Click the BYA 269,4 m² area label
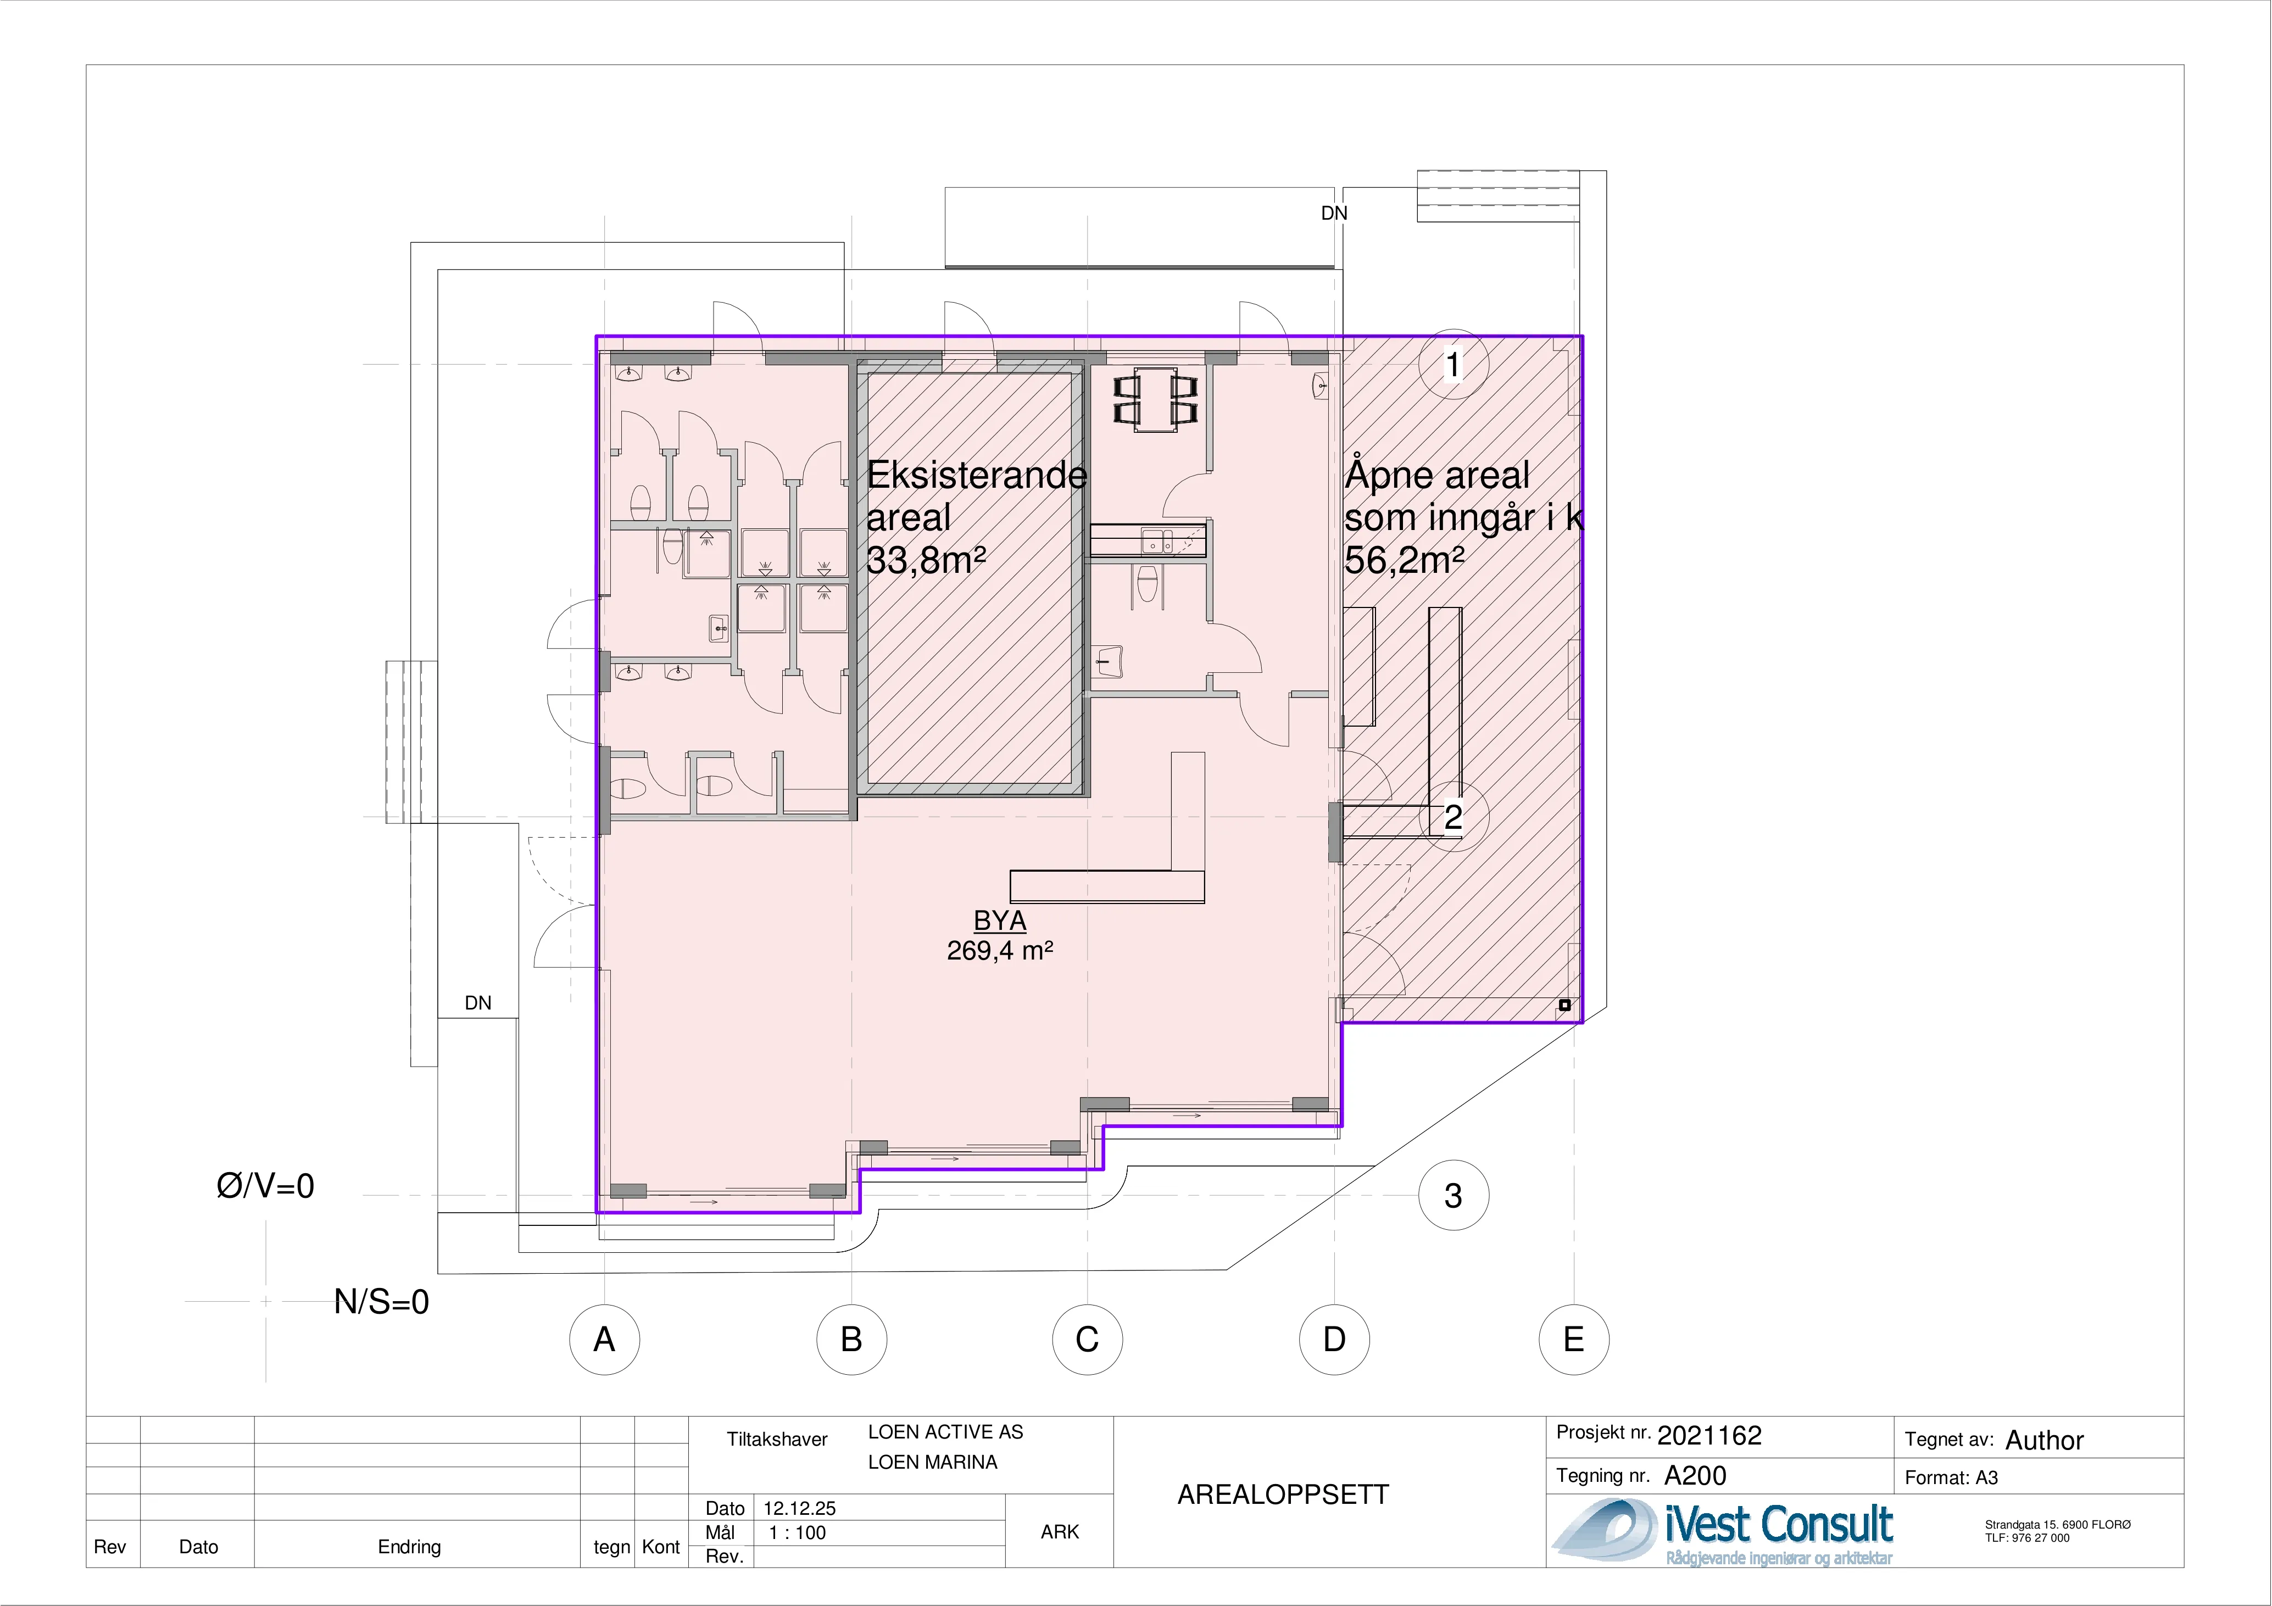(x=999, y=935)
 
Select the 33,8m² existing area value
(x=926, y=560)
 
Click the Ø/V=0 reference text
(x=265, y=1185)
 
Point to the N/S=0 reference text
(x=382, y=1301)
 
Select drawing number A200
(x=1695, y=1475)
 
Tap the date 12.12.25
(x=800, y=1508)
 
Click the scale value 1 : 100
(x=798, y=1533)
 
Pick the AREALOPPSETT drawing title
(x=1283, y=1494)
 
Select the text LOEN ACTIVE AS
(x=945, y=1432)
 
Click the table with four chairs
(x=1156, y=400)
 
